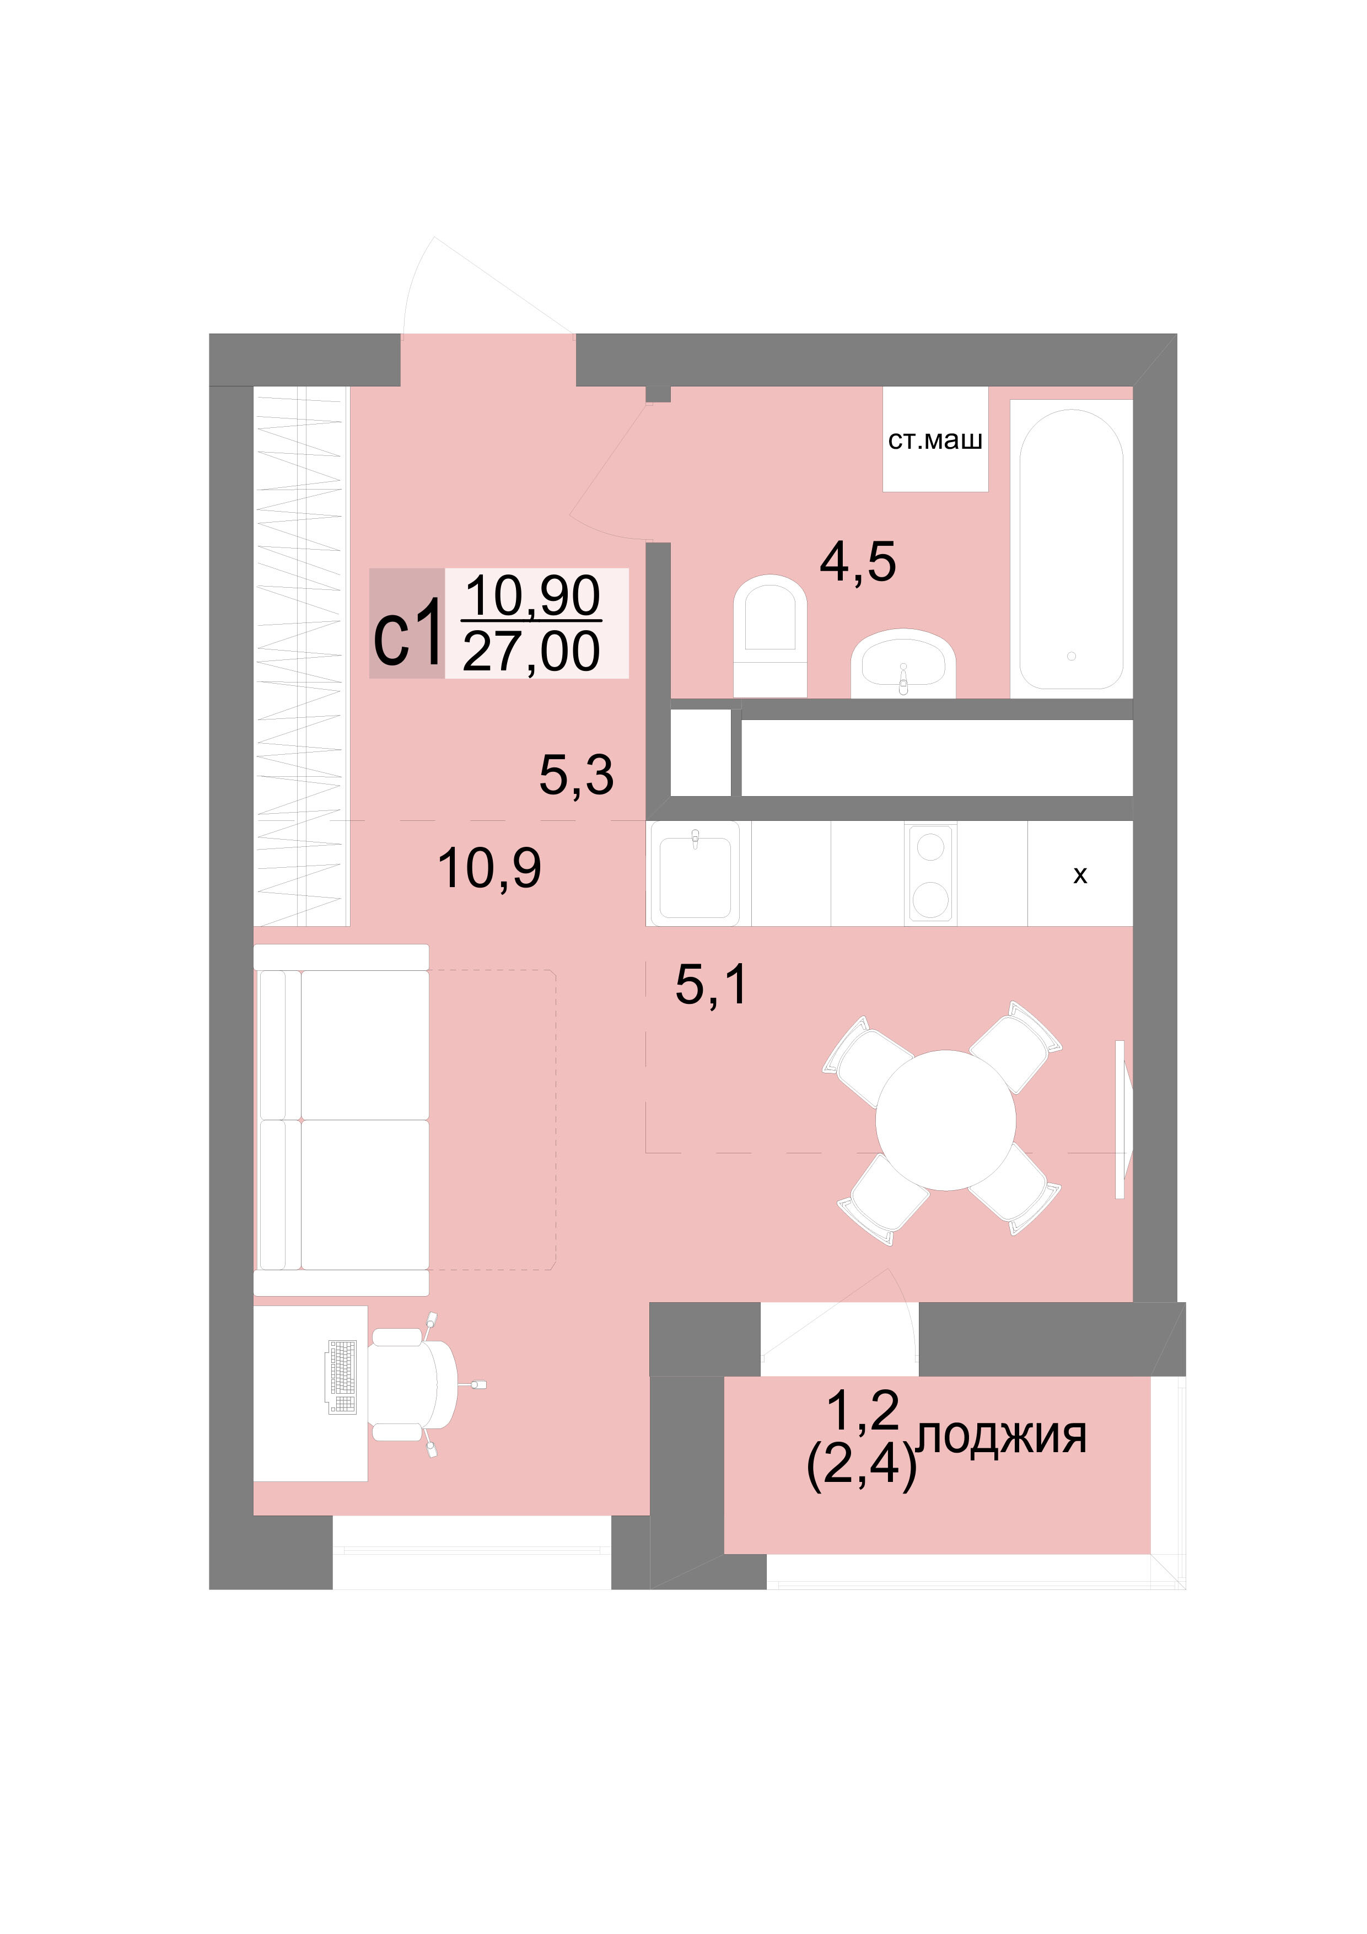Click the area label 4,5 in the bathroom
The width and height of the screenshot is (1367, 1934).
(858, 562)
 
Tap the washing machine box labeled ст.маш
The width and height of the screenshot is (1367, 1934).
(935, 439)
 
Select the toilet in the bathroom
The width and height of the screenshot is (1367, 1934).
(770, 636)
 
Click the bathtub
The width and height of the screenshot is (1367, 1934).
(1070, 549)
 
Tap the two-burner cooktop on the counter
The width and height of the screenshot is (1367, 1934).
(930, 873)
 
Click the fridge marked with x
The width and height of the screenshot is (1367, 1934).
(1080, 873)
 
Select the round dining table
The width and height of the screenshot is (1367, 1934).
(945, 1120)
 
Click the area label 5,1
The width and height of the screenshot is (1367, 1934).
(711, 984)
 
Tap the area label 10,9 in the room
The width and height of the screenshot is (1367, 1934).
(489, 868)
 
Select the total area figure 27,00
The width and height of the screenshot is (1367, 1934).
(531, 651)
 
